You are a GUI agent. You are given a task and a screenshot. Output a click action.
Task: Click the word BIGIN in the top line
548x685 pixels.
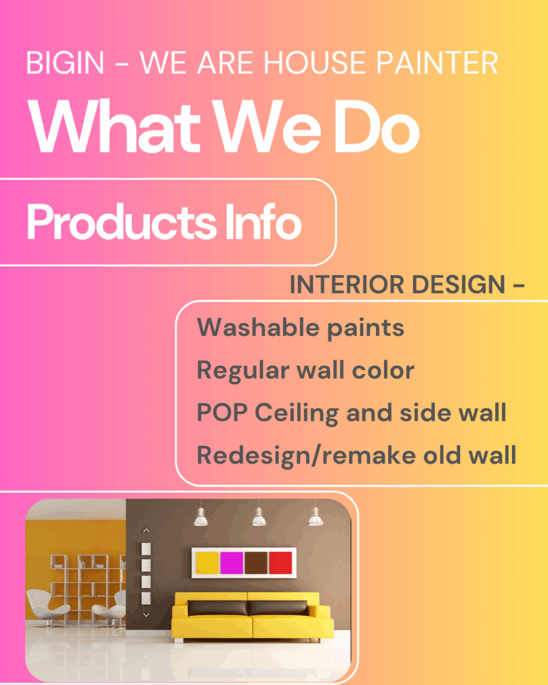coord(65,63)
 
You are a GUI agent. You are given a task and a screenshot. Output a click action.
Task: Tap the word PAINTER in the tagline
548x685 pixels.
coord(437,63)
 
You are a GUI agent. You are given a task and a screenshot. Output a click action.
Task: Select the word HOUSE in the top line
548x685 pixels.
coord(314,63)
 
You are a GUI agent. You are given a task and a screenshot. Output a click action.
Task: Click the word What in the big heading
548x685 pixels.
coord(114,126)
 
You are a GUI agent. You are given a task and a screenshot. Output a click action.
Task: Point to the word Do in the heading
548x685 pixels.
coord(377,126)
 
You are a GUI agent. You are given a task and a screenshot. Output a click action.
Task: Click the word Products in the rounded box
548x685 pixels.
coord(122,221)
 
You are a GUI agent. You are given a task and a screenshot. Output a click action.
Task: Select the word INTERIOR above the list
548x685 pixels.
coord(347,284)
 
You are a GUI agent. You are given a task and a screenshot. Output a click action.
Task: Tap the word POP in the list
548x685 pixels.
coord(222,412)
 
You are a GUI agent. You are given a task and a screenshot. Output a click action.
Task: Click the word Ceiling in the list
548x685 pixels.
coord(296,413)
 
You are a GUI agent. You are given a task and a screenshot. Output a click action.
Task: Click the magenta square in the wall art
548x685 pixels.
coord(232,563)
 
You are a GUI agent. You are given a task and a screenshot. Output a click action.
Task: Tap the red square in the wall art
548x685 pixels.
coord(280,563)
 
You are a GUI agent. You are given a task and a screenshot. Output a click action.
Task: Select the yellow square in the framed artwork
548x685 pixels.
coord(207,563)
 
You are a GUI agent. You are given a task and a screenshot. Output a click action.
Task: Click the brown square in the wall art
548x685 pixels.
coord(256,563)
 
